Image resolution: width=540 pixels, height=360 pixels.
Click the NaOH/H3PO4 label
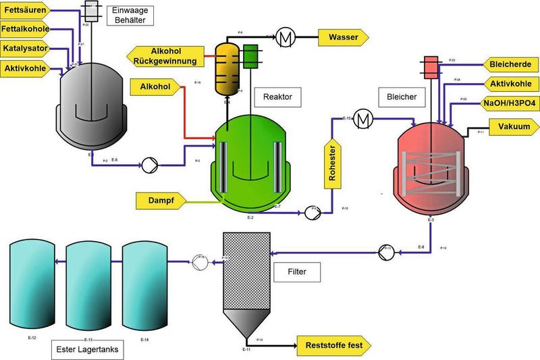(508, 103)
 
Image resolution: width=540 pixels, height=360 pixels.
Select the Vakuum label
(513, 127)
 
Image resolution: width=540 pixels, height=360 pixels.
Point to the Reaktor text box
(277, 97)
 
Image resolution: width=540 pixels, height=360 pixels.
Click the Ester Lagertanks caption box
(88, 350)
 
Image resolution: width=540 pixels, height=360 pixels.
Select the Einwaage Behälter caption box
(129, 14)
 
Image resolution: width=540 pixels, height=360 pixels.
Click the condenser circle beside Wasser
(285, 37)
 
